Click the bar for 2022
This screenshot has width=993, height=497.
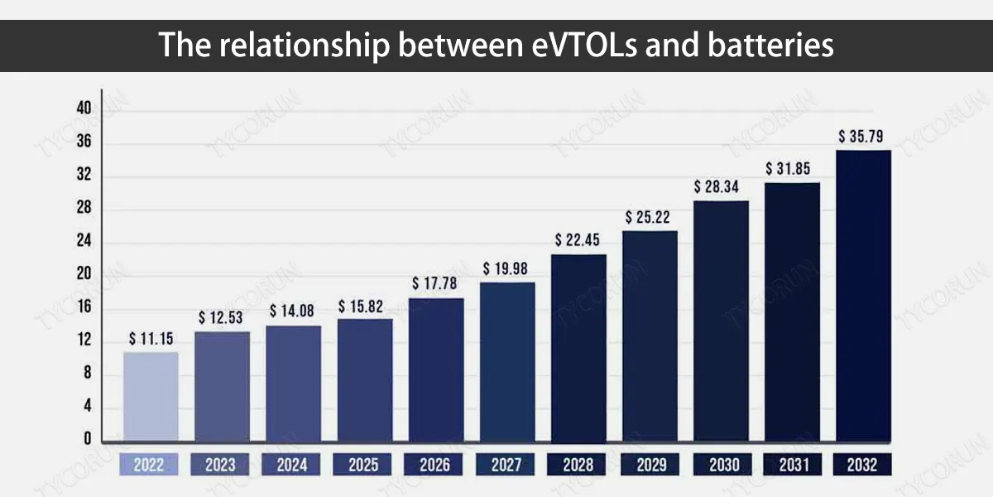click(151, 397)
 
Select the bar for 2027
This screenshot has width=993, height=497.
click(507, 362)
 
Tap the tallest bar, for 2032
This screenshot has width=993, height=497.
click(864, 296)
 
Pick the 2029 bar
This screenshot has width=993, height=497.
click(650, 336)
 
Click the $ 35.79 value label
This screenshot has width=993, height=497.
click(861, 136)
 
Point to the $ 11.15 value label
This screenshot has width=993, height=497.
click(151, 339)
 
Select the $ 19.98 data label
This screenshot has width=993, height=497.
click(505, 268)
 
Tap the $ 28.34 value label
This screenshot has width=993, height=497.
click(717, 187)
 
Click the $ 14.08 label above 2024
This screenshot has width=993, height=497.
click(291, 311)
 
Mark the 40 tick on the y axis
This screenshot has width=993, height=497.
click(84, 108)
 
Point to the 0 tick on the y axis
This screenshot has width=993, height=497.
click(88, 438)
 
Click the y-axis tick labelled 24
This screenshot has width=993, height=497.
click(84, 240)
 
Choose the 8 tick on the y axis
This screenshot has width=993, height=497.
click(88, 372)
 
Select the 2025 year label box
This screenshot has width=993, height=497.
click(362, 465)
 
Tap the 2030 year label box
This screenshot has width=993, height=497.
click(722, 465)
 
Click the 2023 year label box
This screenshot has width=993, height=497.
click(220, 465)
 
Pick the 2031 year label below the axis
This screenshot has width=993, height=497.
click(793, 465)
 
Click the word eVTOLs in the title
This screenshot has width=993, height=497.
click(584, 45)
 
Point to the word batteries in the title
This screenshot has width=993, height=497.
click(770, 45)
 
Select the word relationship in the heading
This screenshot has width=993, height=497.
click(305, 46)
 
